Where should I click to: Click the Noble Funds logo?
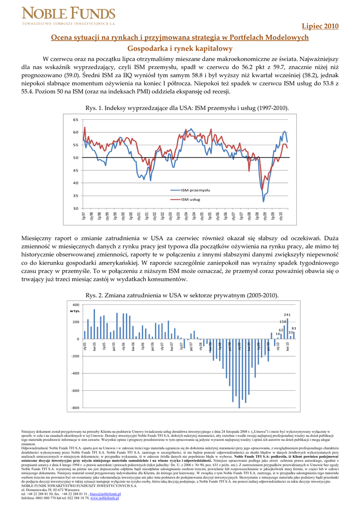tap(69, 16)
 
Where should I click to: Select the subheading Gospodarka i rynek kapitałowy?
tap(180, 48)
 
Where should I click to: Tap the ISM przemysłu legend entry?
tap(195, 190)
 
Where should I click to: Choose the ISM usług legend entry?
tap(191, 199)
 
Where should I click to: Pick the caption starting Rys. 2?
tap(180, 295)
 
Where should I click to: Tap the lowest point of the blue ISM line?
tap(264, 201)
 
